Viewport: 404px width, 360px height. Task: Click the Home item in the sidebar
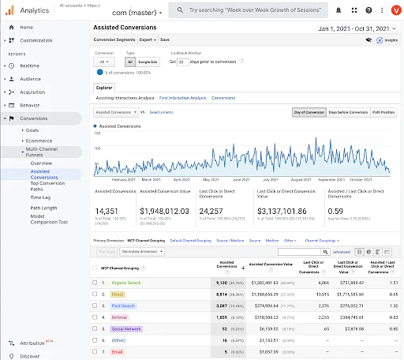[26, 27]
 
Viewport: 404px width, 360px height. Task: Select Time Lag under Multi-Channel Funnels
[40, 197]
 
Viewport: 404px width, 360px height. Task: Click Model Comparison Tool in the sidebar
[48, 219]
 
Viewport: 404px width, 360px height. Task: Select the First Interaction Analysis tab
[182, 98]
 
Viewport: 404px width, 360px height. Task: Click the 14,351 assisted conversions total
[107, 211]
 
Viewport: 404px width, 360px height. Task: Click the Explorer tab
[104, 88]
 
